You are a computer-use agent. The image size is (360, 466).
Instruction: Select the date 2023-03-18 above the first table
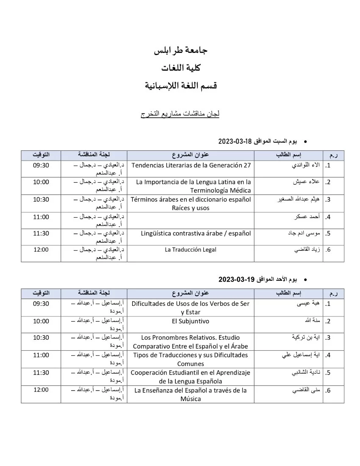[235, 141]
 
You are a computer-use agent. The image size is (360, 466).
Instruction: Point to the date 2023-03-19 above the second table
[235, 280]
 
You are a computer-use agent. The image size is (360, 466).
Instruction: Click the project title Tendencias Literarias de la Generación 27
[192, 165]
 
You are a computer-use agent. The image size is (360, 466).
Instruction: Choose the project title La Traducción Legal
[191, 250]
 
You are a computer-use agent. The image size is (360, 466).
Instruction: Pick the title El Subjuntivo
[191, 321]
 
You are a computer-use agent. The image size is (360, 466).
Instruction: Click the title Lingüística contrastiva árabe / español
[196, 233]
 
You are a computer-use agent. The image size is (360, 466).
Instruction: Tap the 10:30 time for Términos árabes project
[41, 199]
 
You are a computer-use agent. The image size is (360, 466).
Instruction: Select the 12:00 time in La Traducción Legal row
[41, 250]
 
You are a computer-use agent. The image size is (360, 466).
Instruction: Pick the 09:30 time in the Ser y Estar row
[41, 304]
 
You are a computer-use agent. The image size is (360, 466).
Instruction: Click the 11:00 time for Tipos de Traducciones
[41, 355]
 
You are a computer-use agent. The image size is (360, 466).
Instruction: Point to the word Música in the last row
[191, 399]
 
